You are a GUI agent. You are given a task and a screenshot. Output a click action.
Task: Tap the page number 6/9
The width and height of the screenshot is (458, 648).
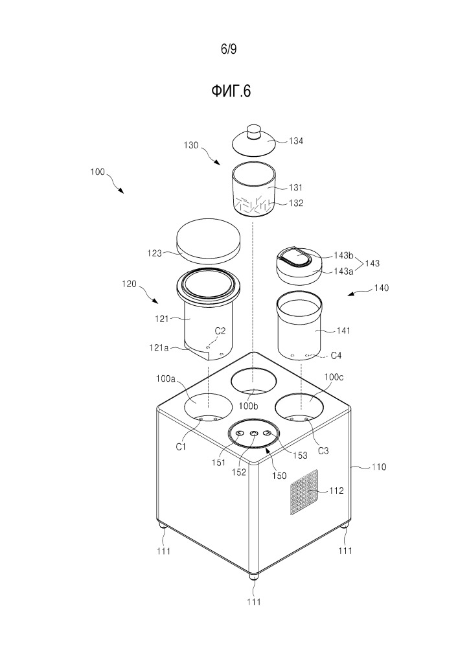[x=229, y=49]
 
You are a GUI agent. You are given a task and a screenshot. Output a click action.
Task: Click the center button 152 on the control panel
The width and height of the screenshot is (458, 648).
[x=253, y=434]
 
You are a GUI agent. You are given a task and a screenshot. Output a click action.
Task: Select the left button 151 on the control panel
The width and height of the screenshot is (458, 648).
[x=240, y=434]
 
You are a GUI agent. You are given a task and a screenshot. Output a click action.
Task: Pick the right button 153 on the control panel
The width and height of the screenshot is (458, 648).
[x=267, y=434]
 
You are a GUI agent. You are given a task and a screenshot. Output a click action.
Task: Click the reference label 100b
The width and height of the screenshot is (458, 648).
[x=249, y=406]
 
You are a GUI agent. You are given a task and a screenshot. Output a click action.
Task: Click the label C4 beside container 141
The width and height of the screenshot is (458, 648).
[x=337, y=356]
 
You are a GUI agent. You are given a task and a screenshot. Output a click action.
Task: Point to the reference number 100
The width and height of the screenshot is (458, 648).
[x=96, y=174]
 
